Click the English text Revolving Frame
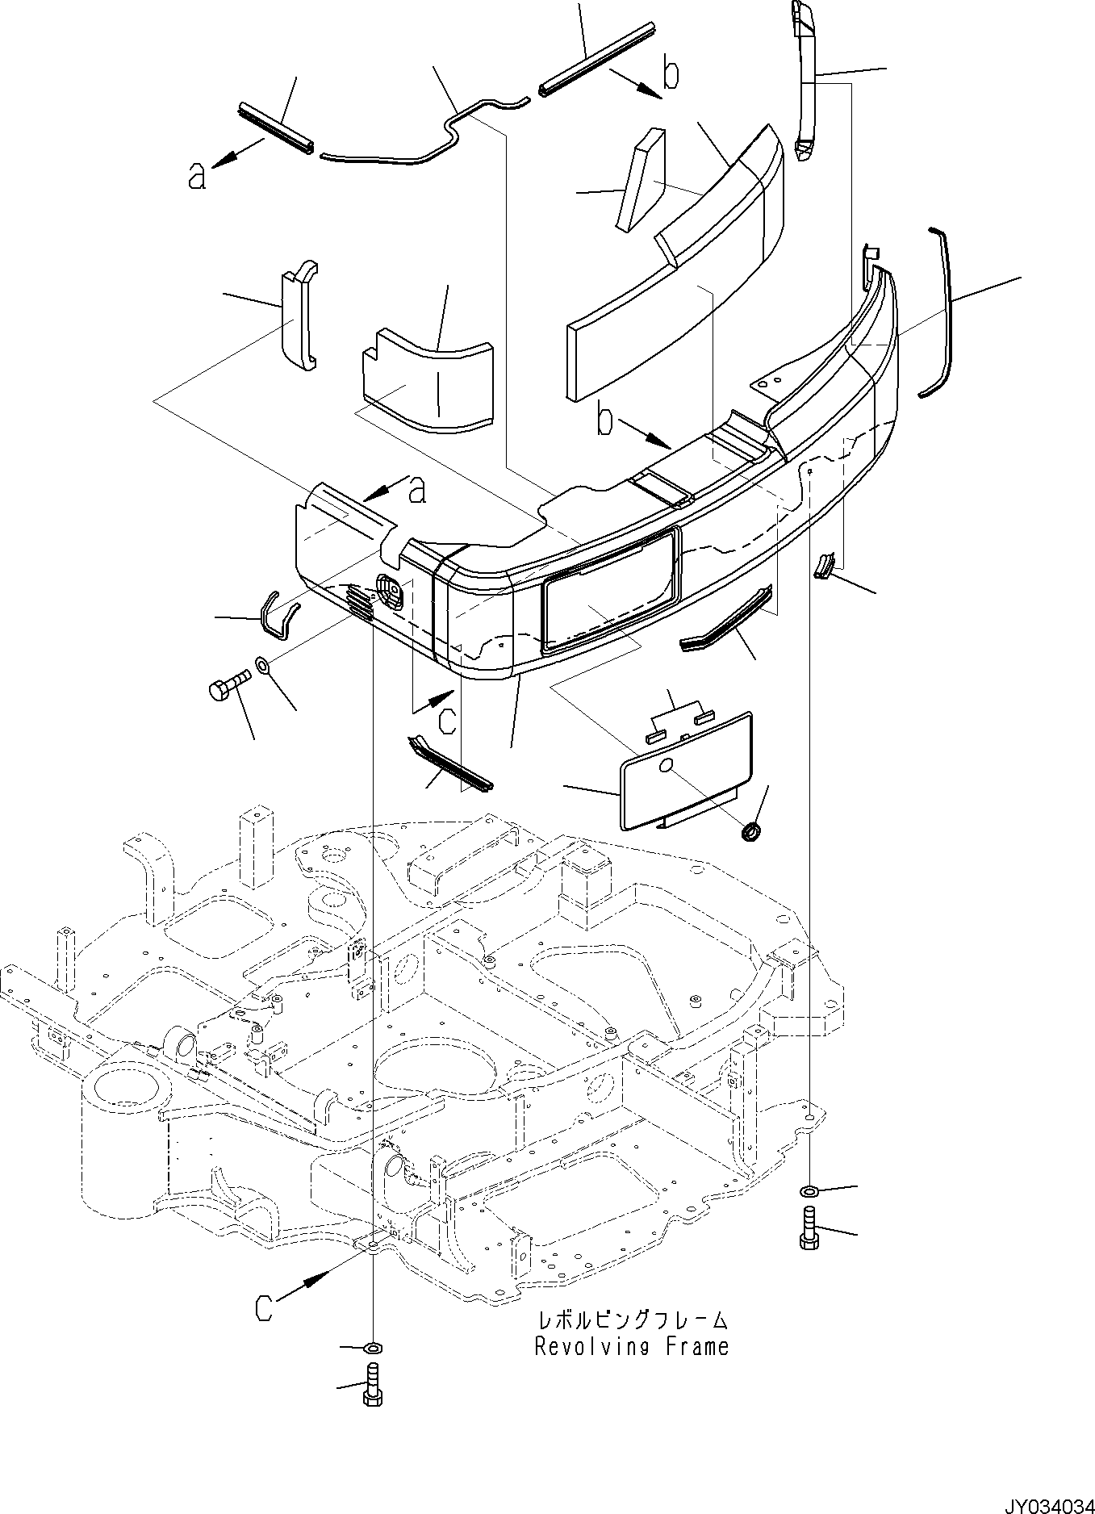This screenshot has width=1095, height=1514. (631, 1346)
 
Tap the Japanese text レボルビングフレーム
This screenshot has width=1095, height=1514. (633, 1321)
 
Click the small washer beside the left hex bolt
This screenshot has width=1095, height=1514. (264, 667)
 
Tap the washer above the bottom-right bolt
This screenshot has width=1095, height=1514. (808, 1191)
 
